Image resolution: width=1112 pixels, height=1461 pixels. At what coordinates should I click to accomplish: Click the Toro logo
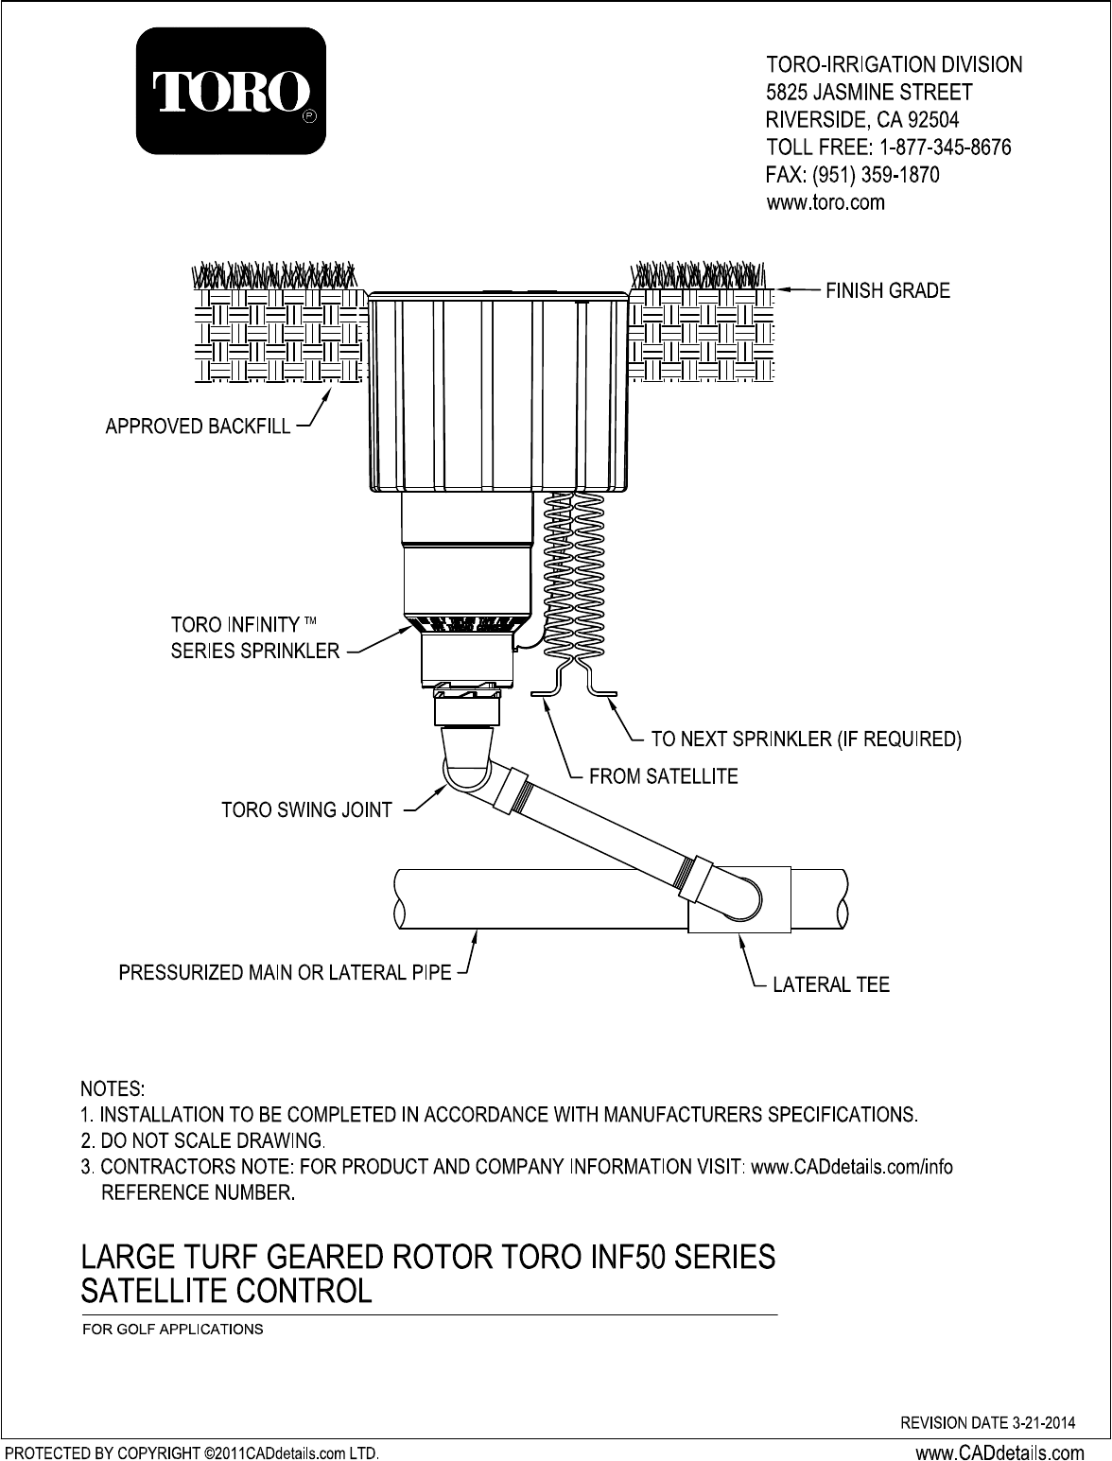tap(232, 91)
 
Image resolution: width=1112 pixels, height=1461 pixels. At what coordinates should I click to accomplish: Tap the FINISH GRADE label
tap(888, 291)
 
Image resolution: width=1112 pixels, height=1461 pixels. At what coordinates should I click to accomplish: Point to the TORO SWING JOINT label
tap(306, 810)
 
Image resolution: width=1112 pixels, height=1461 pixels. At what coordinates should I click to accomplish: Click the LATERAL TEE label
tap(831, 985)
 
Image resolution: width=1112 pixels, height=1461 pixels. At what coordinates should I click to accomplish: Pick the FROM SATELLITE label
tap(663, 776)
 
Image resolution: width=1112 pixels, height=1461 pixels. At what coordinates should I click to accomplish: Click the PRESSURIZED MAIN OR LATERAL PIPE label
tap(285, 972)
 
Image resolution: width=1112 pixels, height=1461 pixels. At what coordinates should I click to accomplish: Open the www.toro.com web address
tap(825, 202)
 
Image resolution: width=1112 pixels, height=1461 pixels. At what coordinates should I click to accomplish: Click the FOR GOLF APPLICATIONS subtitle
tap(173, 1329)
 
